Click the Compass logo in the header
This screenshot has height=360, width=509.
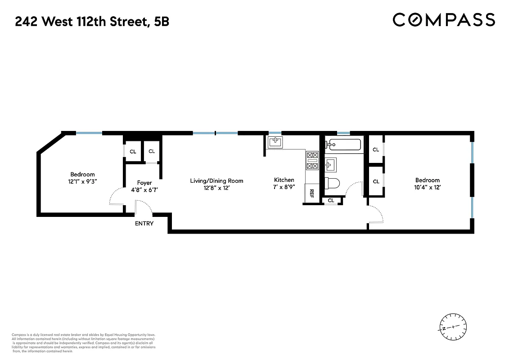444,20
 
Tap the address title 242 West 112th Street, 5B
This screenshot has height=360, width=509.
92,21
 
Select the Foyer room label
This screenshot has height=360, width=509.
141,183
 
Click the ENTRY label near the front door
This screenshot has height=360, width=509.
144,224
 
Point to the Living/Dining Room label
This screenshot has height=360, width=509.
216,181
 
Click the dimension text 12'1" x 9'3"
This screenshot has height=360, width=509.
82,181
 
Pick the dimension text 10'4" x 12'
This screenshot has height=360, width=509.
427,187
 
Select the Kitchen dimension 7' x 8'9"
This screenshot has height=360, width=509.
284,187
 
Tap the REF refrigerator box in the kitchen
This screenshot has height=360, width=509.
311,193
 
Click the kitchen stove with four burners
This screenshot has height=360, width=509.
312,161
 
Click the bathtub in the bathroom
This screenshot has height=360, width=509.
344,145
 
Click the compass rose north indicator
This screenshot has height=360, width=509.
453,326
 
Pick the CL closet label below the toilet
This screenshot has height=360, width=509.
331,201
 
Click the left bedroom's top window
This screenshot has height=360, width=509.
89,133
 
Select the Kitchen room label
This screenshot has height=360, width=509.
284,180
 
